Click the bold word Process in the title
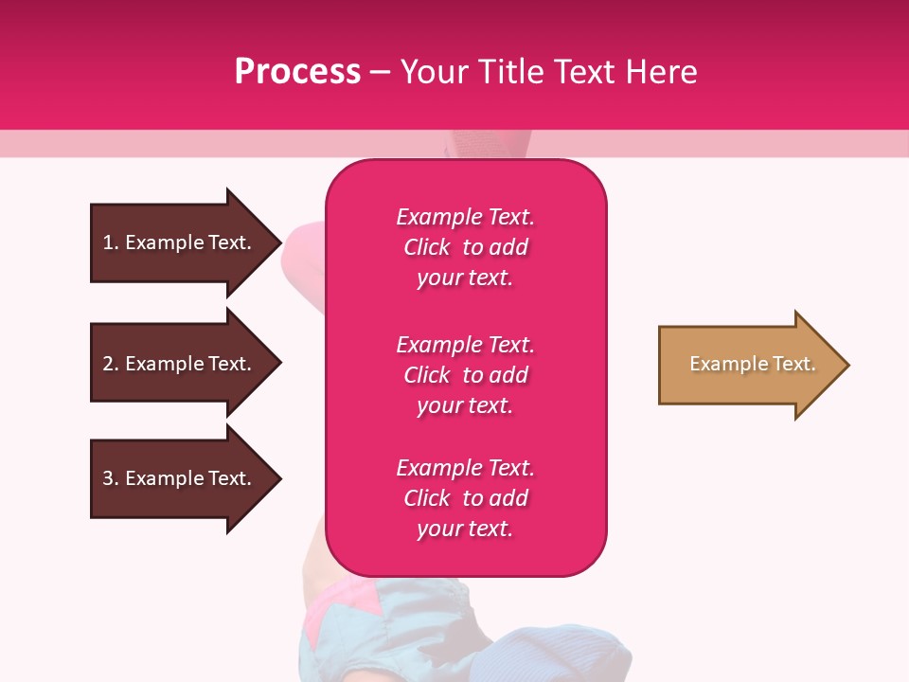[x=297, y=72]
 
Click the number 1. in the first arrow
[x=111, y=242]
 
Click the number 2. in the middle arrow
[x=111, y=364]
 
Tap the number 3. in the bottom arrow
[x=111, y=478]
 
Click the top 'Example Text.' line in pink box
[x=465, y=217]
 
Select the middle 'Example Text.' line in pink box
[x=465, y=345]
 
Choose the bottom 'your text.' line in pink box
[x=465, y=529]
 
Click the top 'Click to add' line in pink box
[x=465, y=247]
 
